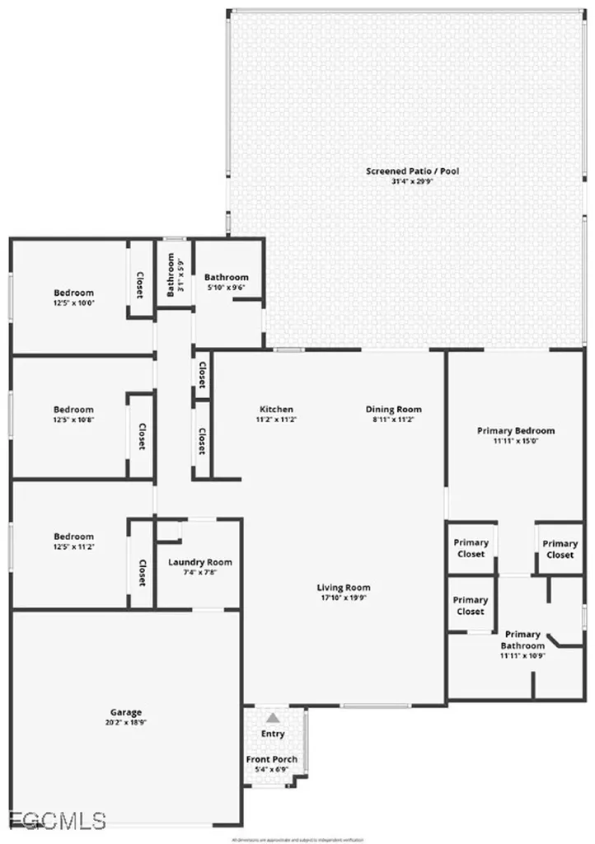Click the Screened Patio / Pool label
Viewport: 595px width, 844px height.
coord(412,171)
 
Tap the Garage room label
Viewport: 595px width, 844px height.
coord(126,712)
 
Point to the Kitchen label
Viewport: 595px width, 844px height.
coord(276,410)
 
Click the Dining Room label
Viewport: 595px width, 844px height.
coord(393,410)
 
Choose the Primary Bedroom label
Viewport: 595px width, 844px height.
coord(516,430)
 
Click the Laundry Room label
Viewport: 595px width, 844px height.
coord(199,562)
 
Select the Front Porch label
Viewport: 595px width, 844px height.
coord(272,759)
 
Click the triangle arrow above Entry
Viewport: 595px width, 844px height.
coord(273,718)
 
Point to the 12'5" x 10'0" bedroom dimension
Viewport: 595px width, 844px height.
coord(74,302)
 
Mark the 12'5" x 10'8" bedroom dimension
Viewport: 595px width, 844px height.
coord(74,420)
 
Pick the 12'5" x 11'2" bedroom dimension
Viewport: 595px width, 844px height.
coord(74,546)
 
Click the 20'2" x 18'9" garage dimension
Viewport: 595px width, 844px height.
coord(126,723)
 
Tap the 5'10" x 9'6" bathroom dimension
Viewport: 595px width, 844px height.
coord(227,288)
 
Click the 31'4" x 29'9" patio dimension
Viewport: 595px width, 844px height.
coord(412,181)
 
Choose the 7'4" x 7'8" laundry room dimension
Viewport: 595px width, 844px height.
coord(199,573)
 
